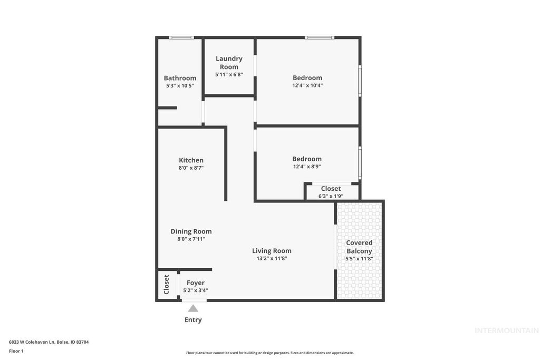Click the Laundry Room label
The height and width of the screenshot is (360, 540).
229,62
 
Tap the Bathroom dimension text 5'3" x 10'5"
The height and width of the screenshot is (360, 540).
180,85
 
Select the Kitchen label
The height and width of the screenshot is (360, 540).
191,160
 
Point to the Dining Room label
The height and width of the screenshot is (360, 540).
191,231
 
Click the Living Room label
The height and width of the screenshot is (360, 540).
272,251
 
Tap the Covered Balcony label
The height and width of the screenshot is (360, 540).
359,247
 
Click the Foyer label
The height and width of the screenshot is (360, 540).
195,283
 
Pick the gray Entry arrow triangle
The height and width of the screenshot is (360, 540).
193,308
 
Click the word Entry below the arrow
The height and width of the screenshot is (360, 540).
193,319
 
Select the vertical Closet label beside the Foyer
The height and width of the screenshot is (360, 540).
167,284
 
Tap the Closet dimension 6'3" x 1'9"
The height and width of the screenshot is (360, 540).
331,196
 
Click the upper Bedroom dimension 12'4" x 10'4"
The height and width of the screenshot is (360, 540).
307,85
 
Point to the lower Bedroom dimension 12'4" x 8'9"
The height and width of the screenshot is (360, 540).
307,167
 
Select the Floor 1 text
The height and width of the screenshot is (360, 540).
16,351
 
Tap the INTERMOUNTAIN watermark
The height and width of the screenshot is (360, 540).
506,331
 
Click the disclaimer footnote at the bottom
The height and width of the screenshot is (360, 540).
269,353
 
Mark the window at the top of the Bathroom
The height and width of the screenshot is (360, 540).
181,37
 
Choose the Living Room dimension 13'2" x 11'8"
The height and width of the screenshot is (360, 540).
272,258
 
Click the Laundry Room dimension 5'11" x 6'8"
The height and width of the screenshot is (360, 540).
229,74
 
